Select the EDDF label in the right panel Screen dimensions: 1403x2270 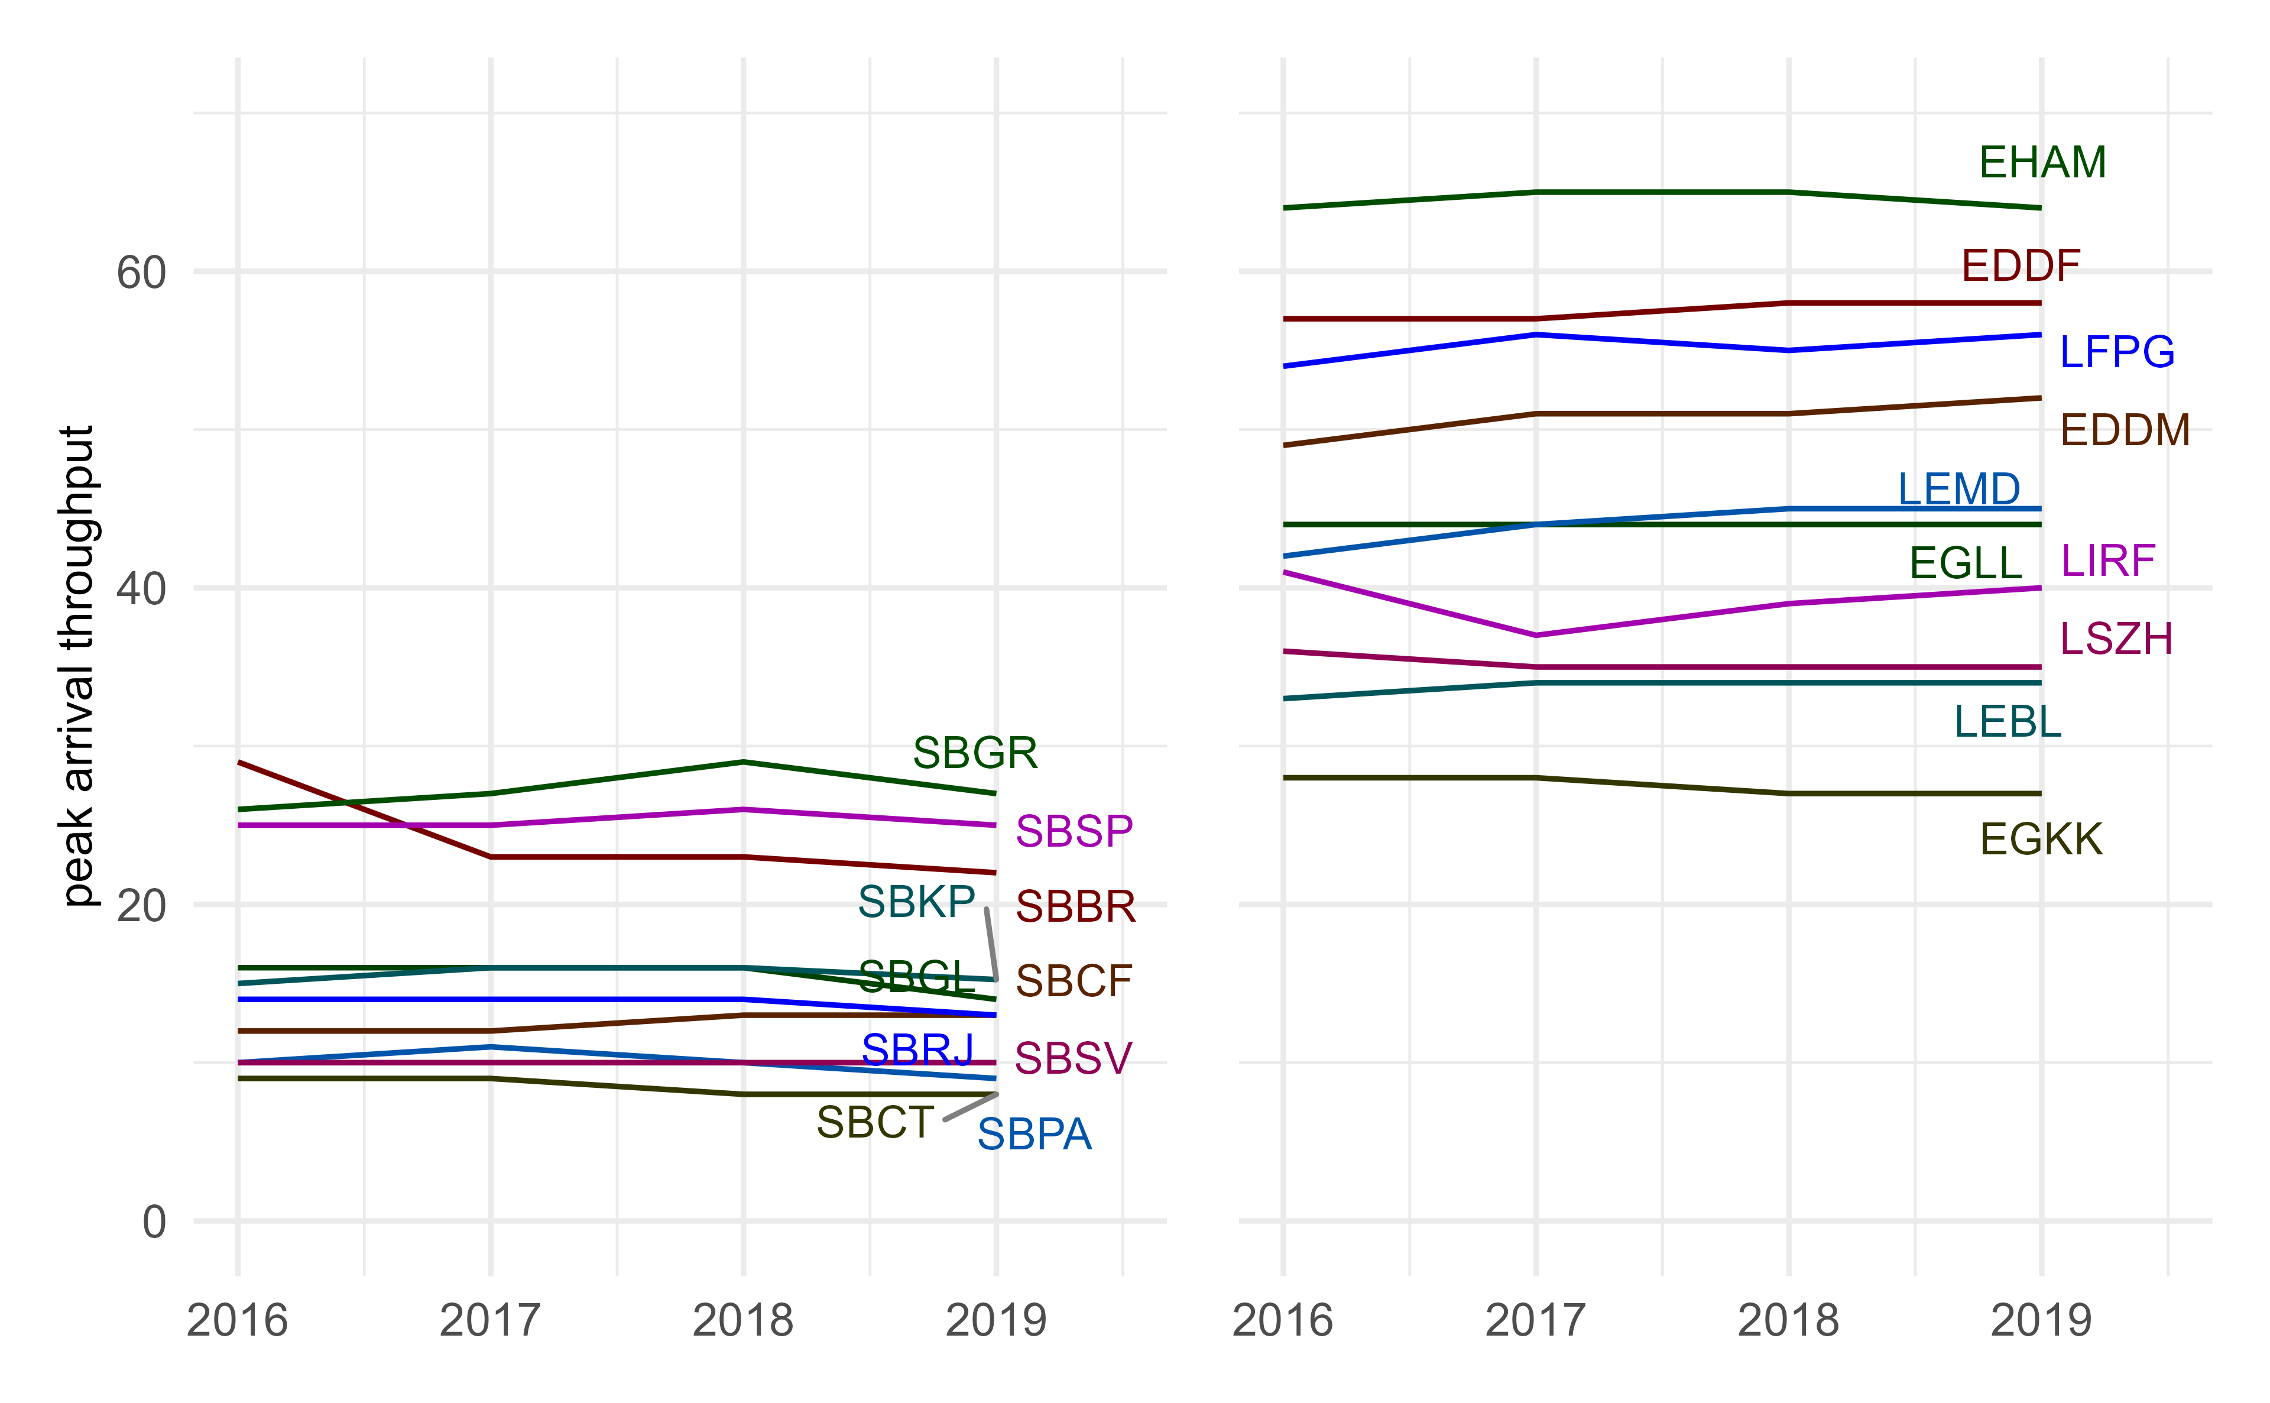click(2021, 266)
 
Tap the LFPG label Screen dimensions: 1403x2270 click(2117, 352)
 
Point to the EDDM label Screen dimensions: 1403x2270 click(2125, 430)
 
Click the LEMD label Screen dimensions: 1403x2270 click(1958, 489)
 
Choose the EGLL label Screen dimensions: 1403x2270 click(1965, 562)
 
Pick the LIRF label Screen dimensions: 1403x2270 click(2107, 560)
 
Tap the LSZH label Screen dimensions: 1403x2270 click(2116, 639)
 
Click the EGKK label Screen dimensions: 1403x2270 click(2041, 840)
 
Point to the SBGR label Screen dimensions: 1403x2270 click(974, 753)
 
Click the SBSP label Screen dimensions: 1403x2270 click(1074, 831)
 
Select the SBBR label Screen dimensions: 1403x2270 click(1075, 906)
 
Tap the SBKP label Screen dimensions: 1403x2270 click(916, 901)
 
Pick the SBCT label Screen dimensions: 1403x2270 click(875, 1122)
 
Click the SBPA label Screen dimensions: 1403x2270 click(1035, 1135)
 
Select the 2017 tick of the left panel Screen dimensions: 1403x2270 click(490, 1320)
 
